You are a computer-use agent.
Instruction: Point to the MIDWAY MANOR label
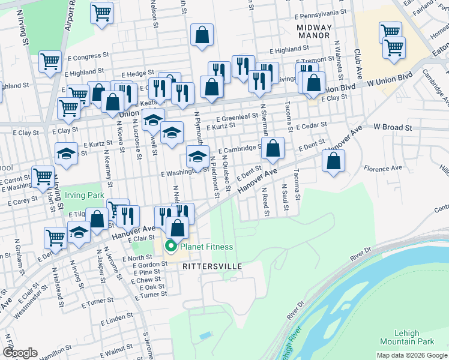tap(313, 31)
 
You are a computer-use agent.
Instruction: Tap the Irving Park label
tap(85, 195)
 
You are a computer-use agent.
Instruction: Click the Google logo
tap(20, 353)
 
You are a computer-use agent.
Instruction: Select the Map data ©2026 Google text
tap(411, 355)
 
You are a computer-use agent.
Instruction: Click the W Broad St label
tap(393, 127)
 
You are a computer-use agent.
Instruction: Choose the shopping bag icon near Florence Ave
tap(333, 160)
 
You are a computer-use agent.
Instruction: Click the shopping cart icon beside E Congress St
tap(50, 61)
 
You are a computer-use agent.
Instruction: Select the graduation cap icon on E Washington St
tap(197, 157)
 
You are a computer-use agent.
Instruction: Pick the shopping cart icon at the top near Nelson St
tap(102, 12)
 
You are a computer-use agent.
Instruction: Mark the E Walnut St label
tap(116, 347)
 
